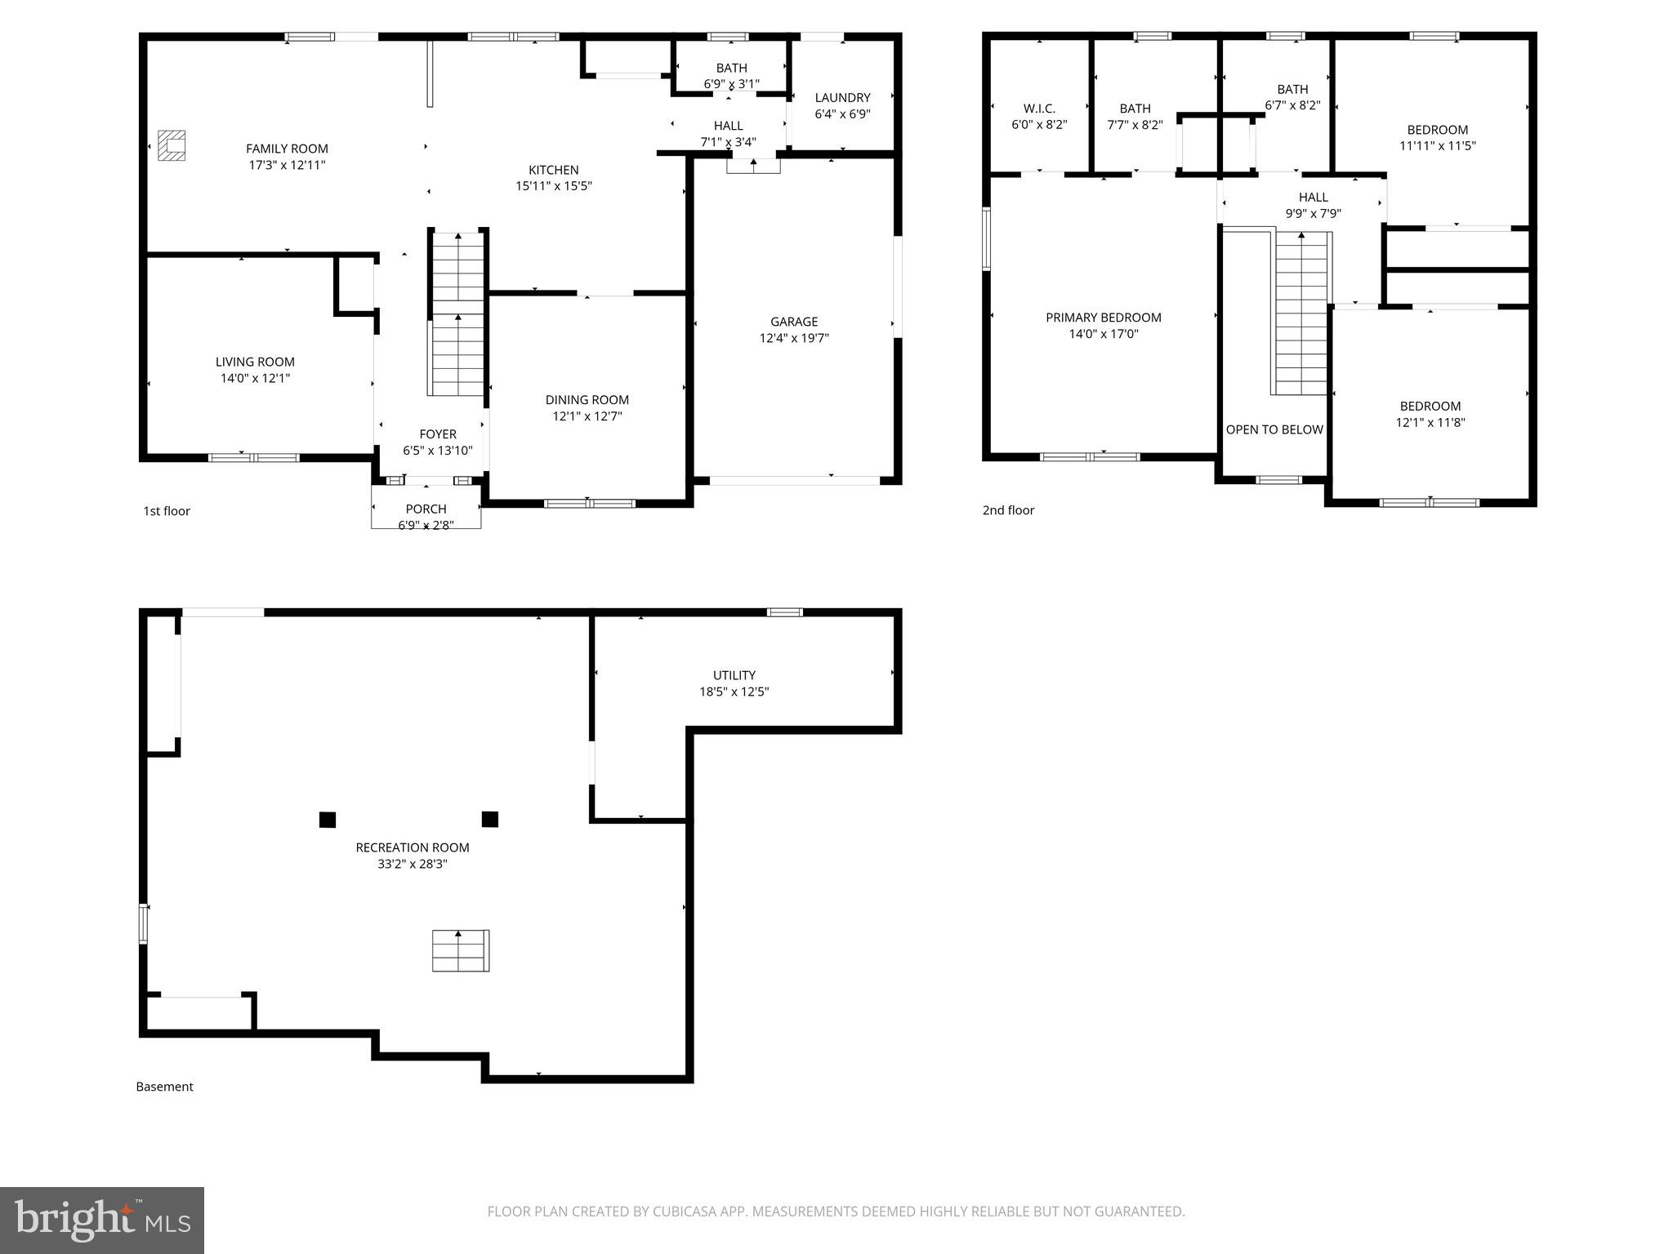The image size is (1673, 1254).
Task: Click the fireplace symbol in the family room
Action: click(x=172, y=145)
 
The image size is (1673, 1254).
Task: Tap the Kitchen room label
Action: click(x=553, y=170)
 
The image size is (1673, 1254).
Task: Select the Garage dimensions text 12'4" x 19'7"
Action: click(x=793, y=338)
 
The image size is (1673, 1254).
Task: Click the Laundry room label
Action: click(x=842, y=97)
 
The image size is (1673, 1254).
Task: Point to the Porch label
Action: click(x=426, y=509)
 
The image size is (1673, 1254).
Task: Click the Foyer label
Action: click(x=438, y=434)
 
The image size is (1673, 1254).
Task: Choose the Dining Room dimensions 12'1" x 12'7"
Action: click(x=587, y=416)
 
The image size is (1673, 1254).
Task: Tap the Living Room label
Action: click(x=255, y=362)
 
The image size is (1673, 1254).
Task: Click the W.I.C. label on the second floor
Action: click(x=1039, y=109)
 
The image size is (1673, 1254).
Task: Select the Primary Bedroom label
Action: click(x=1103, y=318)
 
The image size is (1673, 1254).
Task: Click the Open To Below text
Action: click(x=1274, y=429)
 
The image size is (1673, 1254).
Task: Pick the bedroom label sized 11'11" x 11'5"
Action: click(x=1437, y=130)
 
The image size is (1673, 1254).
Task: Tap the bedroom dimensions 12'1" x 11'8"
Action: click(x=1430, y=423)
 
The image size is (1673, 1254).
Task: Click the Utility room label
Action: click(x=734, y=675)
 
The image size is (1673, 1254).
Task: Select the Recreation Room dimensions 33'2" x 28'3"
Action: click(x=412, y=864)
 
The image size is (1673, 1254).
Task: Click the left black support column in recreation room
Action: click(x=328, y=820)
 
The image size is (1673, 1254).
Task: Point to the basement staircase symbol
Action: click(x=460, y=950)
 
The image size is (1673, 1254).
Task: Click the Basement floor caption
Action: click(x=164, y=1087)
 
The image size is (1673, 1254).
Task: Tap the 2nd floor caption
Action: click(x=1008, y=510)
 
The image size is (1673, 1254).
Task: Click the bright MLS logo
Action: click(x=102, y=1220)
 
